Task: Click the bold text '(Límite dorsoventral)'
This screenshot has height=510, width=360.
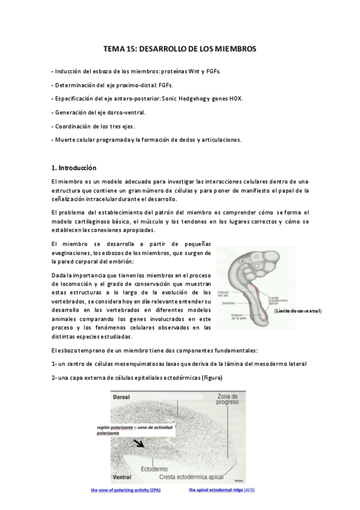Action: (x=297, y=311)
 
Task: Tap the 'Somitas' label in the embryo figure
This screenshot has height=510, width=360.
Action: (x=227, y=303)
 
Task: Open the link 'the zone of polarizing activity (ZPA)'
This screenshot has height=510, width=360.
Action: (x=126, y=490)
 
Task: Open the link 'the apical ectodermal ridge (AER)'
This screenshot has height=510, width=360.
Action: (x=222, y=490)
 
